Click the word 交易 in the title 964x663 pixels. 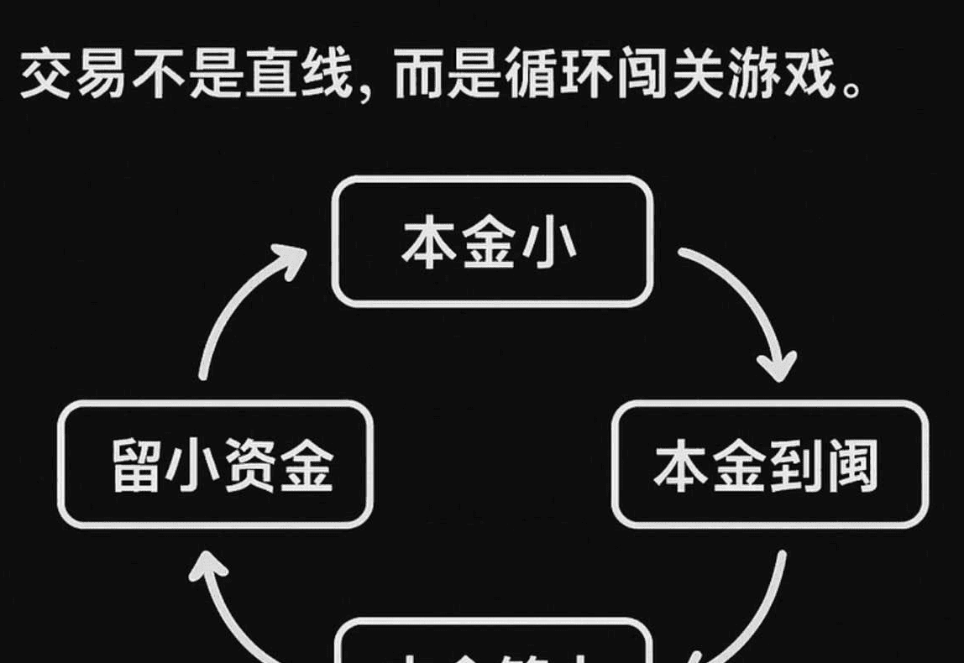tap(73, 76)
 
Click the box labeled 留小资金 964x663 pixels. tap(215, 464)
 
